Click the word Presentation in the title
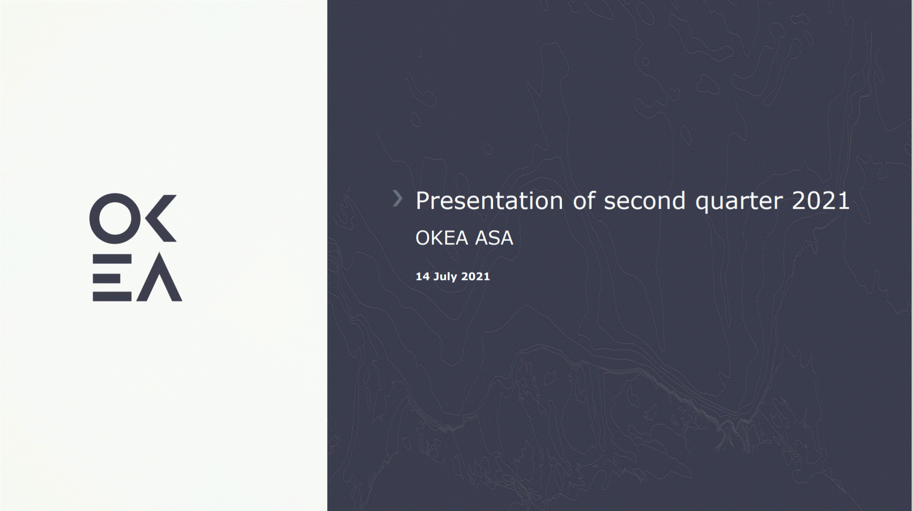point(489,201)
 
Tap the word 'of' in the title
point(584,200)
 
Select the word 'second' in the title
point(644,201)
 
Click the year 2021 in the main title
point(820,200)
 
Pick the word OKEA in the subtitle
point(442,238)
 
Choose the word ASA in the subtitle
point(494,238)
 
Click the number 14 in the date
point(423,276)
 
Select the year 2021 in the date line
point(476,276)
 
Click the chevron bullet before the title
point(398,198)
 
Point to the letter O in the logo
point(115,219)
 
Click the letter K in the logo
point(161,218)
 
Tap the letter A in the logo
point(159,277)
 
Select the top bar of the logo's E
point(112,259)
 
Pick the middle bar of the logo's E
point(106,278)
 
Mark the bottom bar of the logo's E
point(112,297)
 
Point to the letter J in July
point(436,277)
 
